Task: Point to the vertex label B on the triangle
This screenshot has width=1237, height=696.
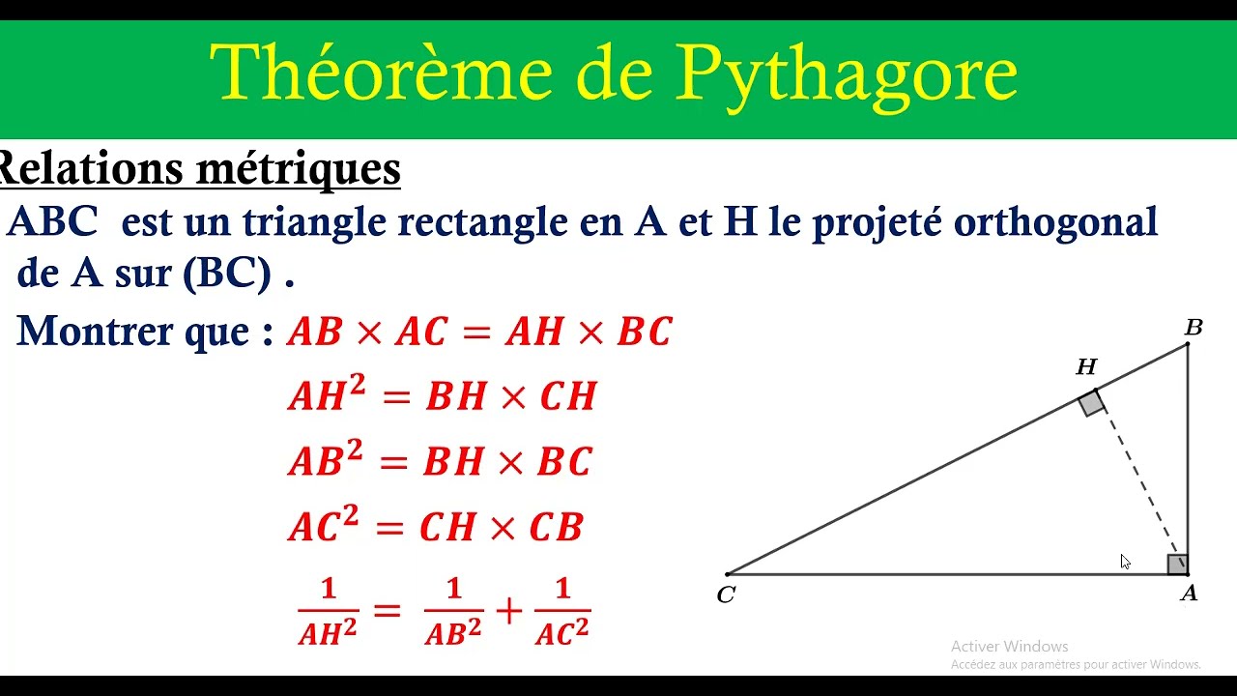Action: click(1194, 328)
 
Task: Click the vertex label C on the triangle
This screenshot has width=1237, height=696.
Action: click(726, 595)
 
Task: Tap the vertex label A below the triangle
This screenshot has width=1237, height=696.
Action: click(1189, 594)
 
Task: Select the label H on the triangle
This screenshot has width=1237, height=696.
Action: click(1086, 367)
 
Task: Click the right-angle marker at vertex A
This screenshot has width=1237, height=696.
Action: click(1177, 565)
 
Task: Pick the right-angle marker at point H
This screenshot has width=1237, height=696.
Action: click(1092, 403)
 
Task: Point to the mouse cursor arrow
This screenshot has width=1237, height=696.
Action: click(1125, 562)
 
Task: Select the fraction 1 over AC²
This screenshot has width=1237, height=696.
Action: click(561, 611)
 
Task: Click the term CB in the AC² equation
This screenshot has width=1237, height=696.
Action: click(557, 528)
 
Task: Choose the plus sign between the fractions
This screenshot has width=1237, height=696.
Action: click(508, 610)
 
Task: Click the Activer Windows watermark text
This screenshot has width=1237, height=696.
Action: click(1009, 646)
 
